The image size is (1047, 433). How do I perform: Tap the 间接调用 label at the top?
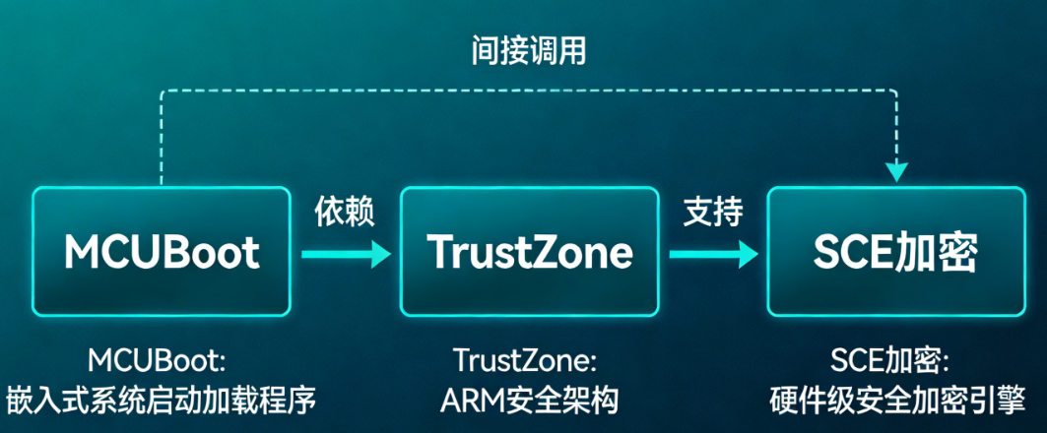tap(528, 50)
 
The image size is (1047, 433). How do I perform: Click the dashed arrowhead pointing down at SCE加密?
tap(895, 172)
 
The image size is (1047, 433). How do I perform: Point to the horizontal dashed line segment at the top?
tap(528, 91)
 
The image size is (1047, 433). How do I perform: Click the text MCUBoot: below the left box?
tap(163, 360)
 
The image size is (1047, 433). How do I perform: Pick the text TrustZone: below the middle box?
tap(529, 360)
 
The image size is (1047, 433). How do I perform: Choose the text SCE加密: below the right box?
tap(895, 360)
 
